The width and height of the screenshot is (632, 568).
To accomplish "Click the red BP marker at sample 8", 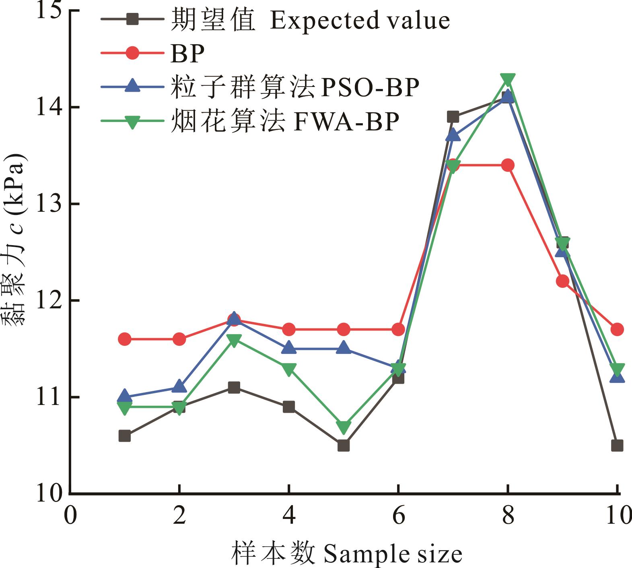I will (508, 165).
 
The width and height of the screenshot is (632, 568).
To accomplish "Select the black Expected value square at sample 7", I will (453, 117).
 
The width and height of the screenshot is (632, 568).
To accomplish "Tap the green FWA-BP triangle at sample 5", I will (344, 427).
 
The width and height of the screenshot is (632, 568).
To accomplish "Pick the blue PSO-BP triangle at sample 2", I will (179, 387).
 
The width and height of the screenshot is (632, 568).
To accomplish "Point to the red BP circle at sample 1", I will (125, 339).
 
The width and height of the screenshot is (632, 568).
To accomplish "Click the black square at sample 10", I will (617, 446).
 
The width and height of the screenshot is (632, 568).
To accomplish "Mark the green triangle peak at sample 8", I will (508, 79).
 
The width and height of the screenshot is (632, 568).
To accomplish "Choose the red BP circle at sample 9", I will (562, 281).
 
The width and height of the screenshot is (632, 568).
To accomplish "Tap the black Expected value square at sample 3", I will (234, 388).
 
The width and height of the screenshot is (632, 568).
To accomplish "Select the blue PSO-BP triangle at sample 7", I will (453, 135).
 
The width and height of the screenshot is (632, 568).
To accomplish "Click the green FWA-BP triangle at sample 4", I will (289, 369).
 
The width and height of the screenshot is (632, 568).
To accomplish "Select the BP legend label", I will (187, 53).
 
